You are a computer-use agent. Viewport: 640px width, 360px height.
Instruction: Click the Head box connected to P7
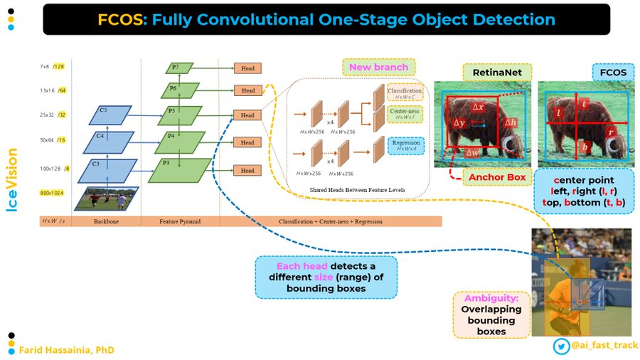pos(247,69)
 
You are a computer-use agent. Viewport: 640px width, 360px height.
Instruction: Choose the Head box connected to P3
pos(247,171)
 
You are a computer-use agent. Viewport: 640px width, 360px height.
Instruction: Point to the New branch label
pos(378,68)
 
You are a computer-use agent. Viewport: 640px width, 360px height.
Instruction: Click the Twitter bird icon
pos(560,345)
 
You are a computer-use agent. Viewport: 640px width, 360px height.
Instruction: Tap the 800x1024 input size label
pos(52,193)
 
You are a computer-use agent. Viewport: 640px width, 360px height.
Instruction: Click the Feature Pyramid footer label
pos(181,222)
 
